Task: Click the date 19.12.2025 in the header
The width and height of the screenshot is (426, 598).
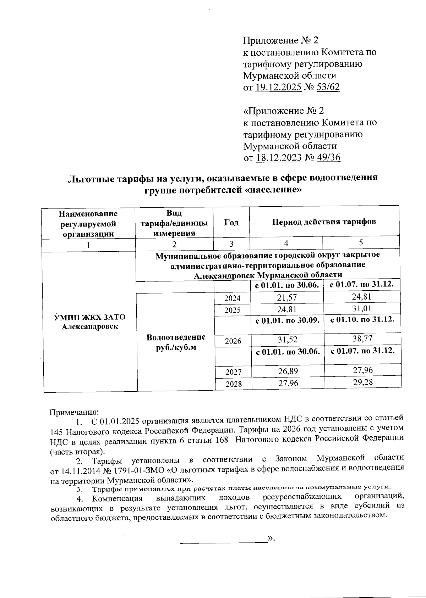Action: (x=279, y=87)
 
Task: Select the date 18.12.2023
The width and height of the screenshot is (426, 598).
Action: (x=279, y=157)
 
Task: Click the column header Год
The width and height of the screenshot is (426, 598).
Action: (x=231, y=222)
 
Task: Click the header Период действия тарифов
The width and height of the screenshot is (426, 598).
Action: (x=324, y=222)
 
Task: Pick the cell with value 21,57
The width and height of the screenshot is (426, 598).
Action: (x=287, y=298)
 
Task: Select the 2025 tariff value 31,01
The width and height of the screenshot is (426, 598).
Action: (x=362, y=308)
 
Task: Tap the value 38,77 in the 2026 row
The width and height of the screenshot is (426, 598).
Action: (x=362, y=339)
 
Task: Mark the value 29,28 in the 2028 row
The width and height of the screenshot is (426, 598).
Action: (x=362, y=381)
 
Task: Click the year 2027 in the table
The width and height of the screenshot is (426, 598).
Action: (x=233, y=372)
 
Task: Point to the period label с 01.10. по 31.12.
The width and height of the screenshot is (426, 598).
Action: (x=362, y=319)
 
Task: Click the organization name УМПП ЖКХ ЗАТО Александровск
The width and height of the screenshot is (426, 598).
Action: (x=89, y=322)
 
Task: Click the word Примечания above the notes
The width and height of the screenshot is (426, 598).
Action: (x=73, y=412)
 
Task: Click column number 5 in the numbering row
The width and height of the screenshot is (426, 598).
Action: (x=361, y=242)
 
